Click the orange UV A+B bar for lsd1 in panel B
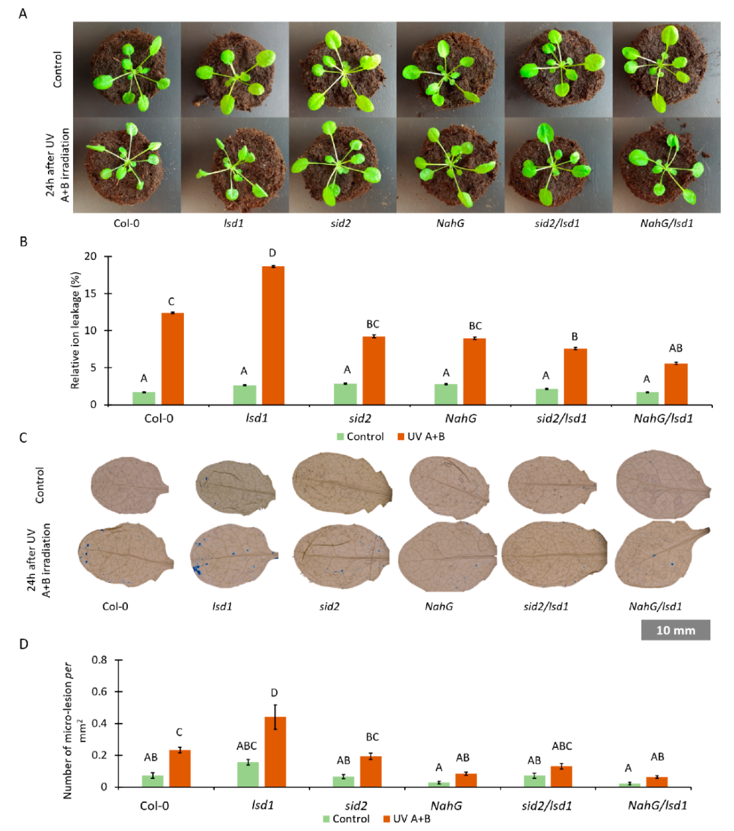(273, 335)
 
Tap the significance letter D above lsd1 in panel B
(272, 253)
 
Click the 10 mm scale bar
(675, 630)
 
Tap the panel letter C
(23, 438)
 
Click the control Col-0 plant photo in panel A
(127, 70)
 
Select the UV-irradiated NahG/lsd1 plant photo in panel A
(666, 165)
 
